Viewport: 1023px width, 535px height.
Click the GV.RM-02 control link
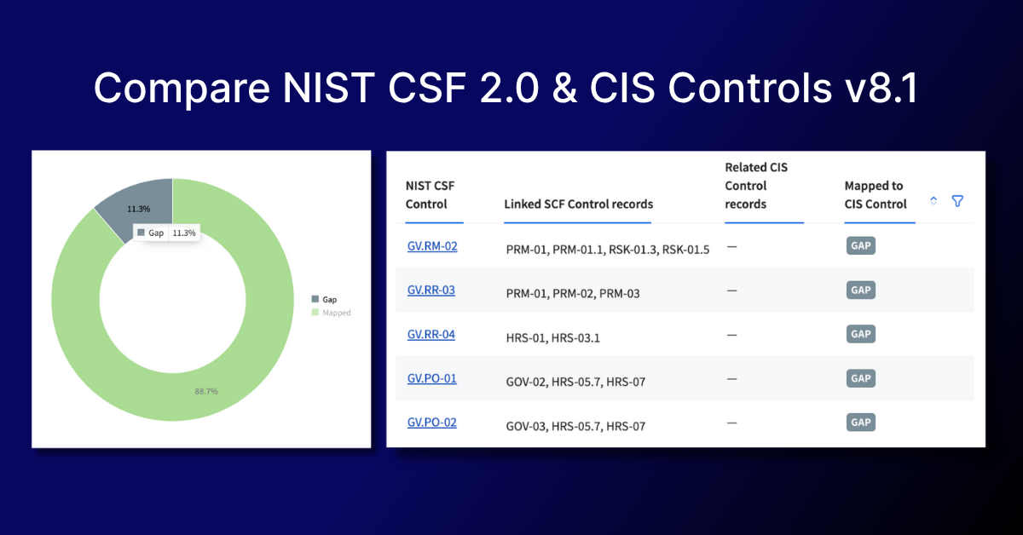(x=432, y=246)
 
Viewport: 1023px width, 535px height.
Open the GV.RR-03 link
(x=431, y=290)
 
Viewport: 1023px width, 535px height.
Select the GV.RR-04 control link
(x=431, y=334)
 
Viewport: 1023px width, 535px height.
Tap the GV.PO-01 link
(x=431, y=378)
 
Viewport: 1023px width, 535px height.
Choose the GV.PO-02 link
(x=431, y=423)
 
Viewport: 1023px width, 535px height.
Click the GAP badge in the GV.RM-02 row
(x=861, y=245)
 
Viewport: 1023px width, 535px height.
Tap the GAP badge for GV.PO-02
(x=861, y=423)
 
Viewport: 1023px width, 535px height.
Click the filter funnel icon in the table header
(x=957, y=201)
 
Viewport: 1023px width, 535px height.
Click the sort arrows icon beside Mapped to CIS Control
(x=933, y=201)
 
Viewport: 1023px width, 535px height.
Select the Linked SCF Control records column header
(x=578, y=204)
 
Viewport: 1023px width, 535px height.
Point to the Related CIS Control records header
(x=756, y=186)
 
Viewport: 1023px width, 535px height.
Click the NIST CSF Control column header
(x=430, y=195)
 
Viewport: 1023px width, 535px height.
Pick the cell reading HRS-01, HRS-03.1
(x=552, y=338)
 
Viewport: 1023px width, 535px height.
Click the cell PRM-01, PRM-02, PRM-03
(x=573, y=294)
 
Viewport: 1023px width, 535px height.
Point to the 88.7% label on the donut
(x=206, y=391)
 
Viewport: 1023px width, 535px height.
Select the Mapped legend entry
(x=331, y=313)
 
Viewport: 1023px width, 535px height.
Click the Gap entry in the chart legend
(x=324, y=300)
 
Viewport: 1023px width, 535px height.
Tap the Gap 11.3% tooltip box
(x=166, y=233)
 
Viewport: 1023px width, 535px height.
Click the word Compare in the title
(x=182, y=88)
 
